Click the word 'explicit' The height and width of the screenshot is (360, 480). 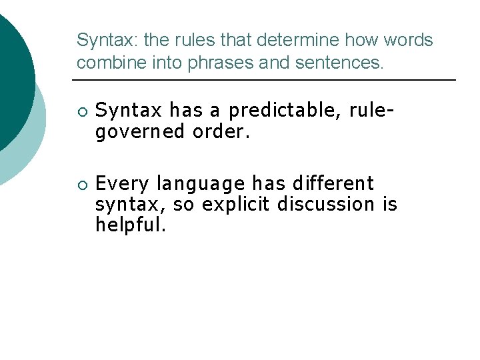tap(236, 204)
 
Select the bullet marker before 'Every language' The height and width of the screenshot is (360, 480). tap(81, 184)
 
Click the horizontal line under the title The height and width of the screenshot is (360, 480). tap(263, 80)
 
